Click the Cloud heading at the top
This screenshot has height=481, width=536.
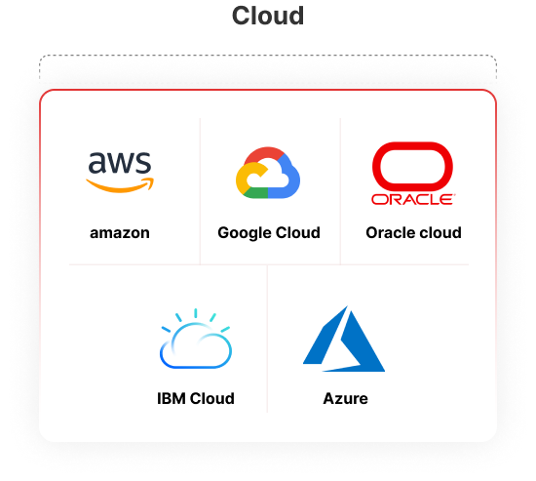click(x=268, y=16)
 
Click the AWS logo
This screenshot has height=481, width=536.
click(x=120, y=172)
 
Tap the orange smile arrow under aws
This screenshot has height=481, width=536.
click(x=120, y=185)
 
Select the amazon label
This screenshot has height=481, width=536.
click(x=120, y=233)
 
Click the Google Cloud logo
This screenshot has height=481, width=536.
click(x=268, y=173)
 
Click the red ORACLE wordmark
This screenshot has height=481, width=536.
click(x=413, y=199)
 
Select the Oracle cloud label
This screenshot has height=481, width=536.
click(x=413, y=233)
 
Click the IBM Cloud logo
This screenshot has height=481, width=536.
click(x=196, y=339)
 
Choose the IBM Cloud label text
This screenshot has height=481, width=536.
click(x=196, y=398)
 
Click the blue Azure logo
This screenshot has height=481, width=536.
click(x=344, y=339)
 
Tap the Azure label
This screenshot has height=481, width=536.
click(x=345, y=398)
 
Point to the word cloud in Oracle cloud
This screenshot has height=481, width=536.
click(x=440, y=233)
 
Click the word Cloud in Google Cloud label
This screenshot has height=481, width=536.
click(x=298, y=233)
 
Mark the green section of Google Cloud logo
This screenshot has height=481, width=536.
click(x=255, y=193)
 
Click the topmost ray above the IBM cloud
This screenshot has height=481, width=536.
click(x=196, y=313)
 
